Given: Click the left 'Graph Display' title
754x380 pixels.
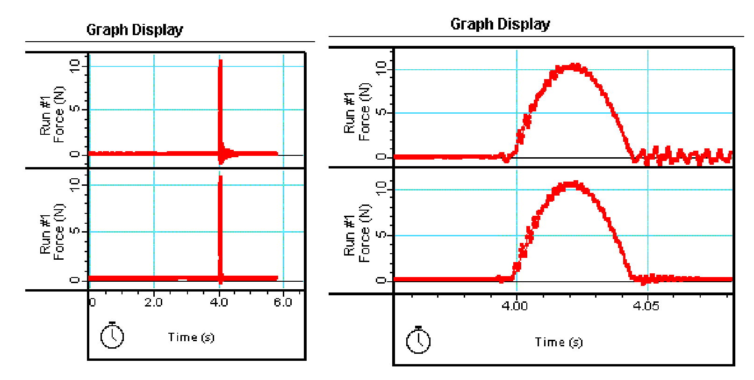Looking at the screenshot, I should point(135,30).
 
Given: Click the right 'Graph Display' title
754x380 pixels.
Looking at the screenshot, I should point(500,24).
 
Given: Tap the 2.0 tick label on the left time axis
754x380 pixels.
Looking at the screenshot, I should point(153,302).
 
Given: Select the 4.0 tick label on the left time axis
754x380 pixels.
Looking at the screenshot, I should point(219,302).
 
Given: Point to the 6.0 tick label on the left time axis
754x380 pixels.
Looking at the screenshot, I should point(283,302).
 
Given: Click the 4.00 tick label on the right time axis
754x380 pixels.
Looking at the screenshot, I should point(515,306).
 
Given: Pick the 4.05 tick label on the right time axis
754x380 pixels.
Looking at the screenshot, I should point(646,306).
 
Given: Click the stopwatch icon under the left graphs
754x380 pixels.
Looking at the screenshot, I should point(112,336).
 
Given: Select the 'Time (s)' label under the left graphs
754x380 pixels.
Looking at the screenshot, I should point(191,337).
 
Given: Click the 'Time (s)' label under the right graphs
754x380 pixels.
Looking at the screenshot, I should point(559,343).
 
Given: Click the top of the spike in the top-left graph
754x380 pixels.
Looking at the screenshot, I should point(220,61).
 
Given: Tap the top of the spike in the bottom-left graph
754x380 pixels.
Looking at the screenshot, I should point(220,177).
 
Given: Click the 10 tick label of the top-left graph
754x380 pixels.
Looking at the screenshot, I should point(75,66).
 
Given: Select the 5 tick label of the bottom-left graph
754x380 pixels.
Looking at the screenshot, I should point(75,231).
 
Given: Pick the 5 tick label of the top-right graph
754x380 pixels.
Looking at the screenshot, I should point(381,112).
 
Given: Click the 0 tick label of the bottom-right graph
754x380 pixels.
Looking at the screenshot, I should point(381,280).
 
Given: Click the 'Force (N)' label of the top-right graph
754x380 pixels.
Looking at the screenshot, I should point(365,112).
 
